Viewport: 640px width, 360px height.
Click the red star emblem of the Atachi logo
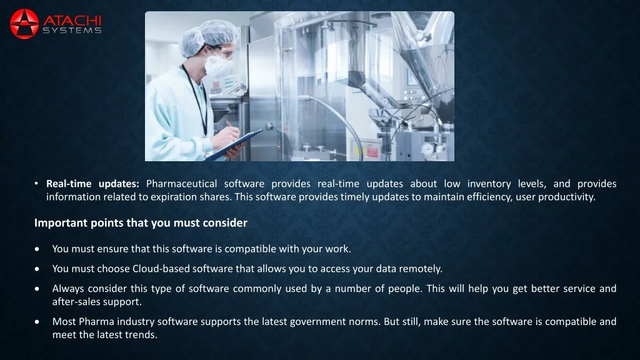click(x=24, y=24)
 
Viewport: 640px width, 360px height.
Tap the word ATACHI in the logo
click(x=72, y=21)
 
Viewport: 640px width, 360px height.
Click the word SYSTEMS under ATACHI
click(x=72, y=31)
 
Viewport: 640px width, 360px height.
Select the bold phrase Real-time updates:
click(x=92, y=184)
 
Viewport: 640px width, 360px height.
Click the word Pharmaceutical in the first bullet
click(x=182, y=184)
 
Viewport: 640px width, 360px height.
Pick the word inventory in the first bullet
click(x=489, y=184)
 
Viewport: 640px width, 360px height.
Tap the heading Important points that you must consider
click(x=141, y=223)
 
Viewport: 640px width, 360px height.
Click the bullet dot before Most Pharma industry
click(x=37, y=322)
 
